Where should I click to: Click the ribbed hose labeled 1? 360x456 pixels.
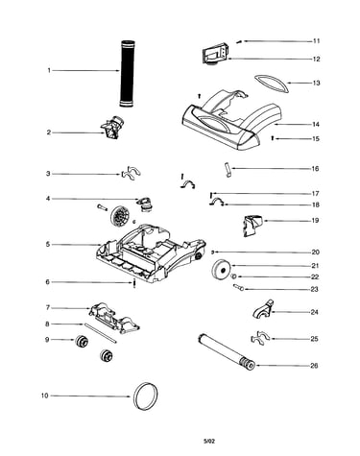(x=128, y=74)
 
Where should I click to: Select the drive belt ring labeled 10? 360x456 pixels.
(x=133, y=396)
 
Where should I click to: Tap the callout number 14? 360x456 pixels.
(x=316, y=125)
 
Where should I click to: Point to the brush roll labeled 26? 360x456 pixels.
(x=227, y=351)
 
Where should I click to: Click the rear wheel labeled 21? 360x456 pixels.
(x=221, y=270)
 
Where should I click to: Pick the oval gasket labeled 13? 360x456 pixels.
(x=272, y=84)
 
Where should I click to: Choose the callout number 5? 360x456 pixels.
(x=48, y=245)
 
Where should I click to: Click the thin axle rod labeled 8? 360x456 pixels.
(x=100, y=333)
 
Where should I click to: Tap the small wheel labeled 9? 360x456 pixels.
(x=82, y=341)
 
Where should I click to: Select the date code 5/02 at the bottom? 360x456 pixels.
(x=209, y=442)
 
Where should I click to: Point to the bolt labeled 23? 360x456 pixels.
(x=239, y=287)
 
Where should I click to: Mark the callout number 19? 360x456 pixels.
(x=315, y=221)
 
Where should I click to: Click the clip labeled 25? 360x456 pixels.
(x=260, y=339)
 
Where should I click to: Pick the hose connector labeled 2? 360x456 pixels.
(x=112, y=128)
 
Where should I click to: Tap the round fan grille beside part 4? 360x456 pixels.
(x=120, y=216)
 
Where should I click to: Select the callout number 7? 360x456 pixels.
(x=48, y=308)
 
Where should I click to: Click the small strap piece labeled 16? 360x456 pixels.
(x=228, y=170)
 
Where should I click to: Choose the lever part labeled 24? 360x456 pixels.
(x=263, y=309)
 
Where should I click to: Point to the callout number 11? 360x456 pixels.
(x=316, y=41)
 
